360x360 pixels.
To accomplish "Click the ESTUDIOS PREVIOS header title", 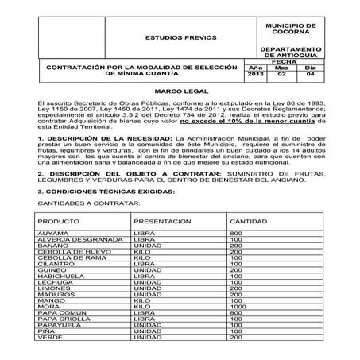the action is click(173, 37).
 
